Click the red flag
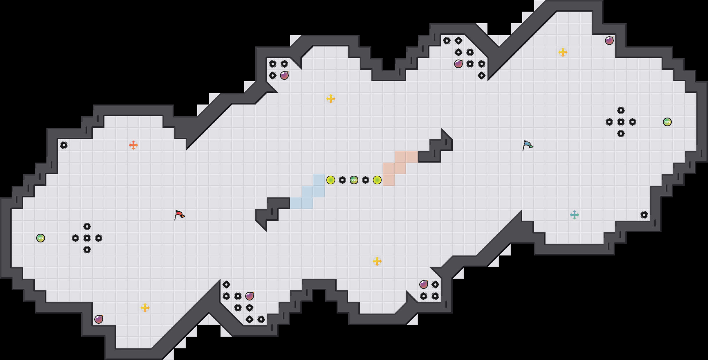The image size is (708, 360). pyautogui.click(x=179, y=215)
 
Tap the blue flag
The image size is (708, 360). pyautogui.click(x=528, y=145)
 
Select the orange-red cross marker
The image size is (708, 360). pyautogui.click(x=133, y=145)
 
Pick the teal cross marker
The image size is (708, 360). pyautogui.click(x=575, y=215)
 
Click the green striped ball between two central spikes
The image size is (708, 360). pyautogui.click(x=354, y=180)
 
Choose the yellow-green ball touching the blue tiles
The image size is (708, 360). pyautogui.click(x=331, y=180)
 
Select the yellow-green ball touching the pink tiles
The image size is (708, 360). pyautogui.click(x=377, y=180)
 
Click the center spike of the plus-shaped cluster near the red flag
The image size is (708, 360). pyautogui.click(x=87, y=238)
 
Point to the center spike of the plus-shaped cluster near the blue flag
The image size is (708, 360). pyautogui.click(x=621, y=122)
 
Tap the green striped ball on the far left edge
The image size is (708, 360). pyautogui.click(x=41, y=238)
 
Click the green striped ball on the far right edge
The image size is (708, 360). pyautogui.click(x=667, y=122)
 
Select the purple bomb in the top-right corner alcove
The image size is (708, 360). pyautogui.click(x=609, y=41)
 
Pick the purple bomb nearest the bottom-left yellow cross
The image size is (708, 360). pyautogui.click(x=99, y=319)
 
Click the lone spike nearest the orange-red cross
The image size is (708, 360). pyautogui.click(x=64, y=145)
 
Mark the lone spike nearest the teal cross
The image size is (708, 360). pyautogui.click(x=644, y=215)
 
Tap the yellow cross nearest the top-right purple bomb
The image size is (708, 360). pyautogui.click(x=563, y=52)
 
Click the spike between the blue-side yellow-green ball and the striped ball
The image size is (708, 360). pyautogui.click(x=342, y=180)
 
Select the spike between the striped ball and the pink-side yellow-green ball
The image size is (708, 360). pyautogui.click(x=366, y=180)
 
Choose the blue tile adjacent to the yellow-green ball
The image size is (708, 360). pyautogui.click(x=319, y=180)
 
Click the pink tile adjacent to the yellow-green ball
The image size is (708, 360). pyautogui.click(x=389, y=180)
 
